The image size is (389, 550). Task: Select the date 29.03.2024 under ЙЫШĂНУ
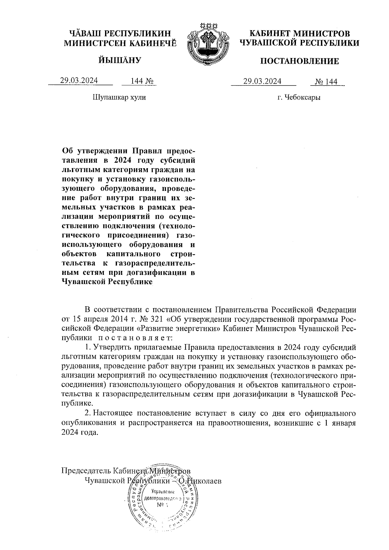click(79, 81)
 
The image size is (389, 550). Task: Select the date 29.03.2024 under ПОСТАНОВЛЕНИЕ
click(263, 81)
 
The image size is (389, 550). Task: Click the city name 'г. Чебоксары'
click(299, 97)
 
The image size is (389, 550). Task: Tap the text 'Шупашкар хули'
click(119, 97)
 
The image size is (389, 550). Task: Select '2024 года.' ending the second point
click(79, 433)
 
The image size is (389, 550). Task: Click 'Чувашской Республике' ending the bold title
click(107, 282)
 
